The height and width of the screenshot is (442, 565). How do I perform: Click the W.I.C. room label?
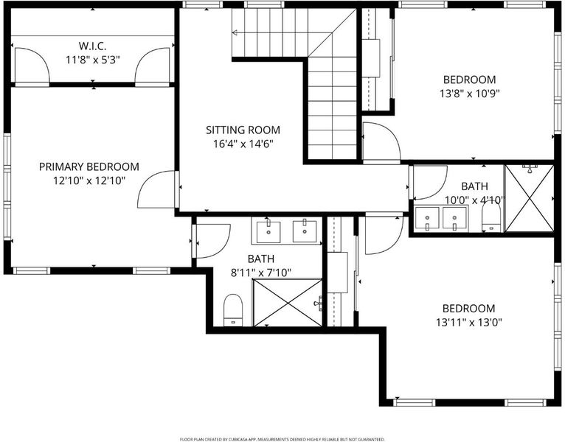pos(92,46)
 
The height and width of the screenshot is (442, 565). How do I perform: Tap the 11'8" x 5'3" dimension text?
pos(92,60)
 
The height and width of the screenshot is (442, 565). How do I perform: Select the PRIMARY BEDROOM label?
pos(89,166)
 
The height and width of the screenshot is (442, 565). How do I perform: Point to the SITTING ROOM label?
pos(243,130)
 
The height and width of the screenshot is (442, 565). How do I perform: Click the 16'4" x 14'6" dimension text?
pos(243,144)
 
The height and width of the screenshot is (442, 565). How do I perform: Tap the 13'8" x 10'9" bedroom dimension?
pos(470,94)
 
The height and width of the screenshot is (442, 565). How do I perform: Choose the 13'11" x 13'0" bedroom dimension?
pos(469,322)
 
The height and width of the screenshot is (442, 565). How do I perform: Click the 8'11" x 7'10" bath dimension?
pos(261,273)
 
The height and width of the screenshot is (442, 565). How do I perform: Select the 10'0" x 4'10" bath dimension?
pos(475,200)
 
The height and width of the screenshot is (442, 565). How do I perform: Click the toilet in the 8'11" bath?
pos(233,310)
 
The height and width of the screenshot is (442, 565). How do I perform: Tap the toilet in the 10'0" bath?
pos(491,216)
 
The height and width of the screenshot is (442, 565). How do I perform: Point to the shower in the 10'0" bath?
pos(530,198)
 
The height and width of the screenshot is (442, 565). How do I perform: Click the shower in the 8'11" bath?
pos(288,303)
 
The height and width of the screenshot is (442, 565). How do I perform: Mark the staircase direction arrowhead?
pos(235,32)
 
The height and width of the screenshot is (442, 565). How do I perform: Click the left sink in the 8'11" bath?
pos(268,232)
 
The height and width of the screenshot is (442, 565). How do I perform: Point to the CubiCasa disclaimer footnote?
pos(282,439)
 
